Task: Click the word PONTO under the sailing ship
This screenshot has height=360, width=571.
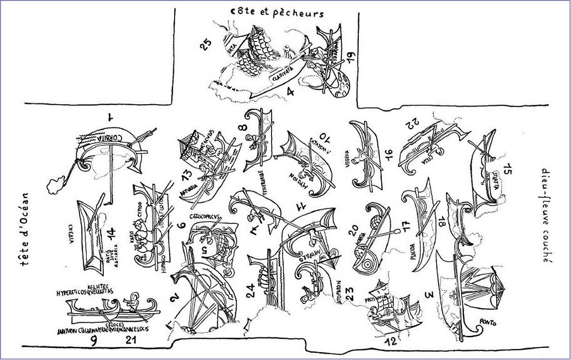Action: pyautogui.click(x=488, y=322)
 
